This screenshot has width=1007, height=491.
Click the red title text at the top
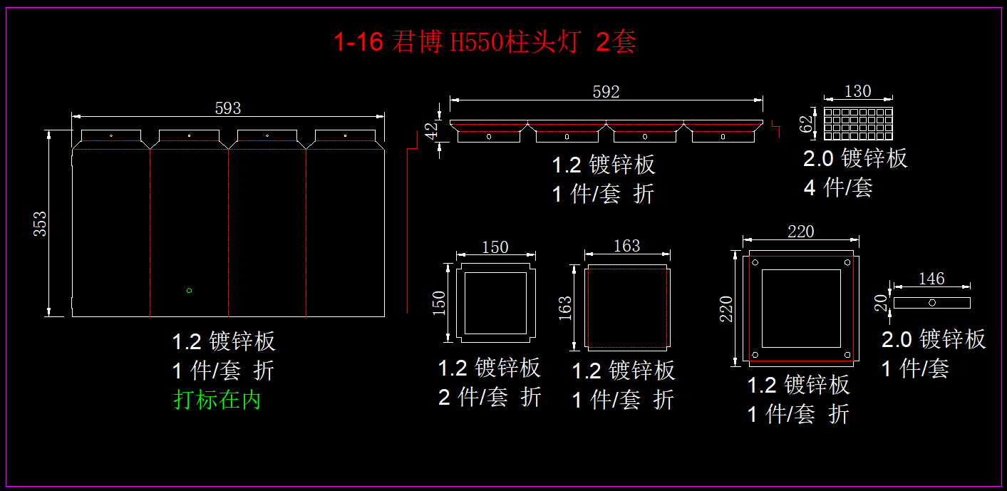pos(485,42)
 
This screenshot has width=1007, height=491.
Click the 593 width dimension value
pos(228,108)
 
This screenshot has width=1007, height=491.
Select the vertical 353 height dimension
pos(40,224)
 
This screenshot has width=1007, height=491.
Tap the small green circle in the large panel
pos(189,290)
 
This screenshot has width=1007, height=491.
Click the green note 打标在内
pos(217,399)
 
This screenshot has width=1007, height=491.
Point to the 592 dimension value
pos(606,92)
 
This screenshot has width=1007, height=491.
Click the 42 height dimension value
pos(430,131)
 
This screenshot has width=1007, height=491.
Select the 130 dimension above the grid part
pos(857,91)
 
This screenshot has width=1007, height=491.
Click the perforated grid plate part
pos(858,124)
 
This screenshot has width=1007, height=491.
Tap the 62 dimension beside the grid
pos(806,124)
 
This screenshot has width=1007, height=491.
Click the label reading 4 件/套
pos(837,187)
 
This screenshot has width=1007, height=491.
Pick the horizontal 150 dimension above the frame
pos(495,247)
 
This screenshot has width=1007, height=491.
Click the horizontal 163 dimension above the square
pos(626,245)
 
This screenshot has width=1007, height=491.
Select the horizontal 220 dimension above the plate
pos(800,232)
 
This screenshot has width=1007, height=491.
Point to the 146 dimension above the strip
pos(931,279)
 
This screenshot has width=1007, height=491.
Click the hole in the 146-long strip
pos(932,303)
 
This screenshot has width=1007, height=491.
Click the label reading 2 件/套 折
pos(490,397)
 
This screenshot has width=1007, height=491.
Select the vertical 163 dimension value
pos(564,309)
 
